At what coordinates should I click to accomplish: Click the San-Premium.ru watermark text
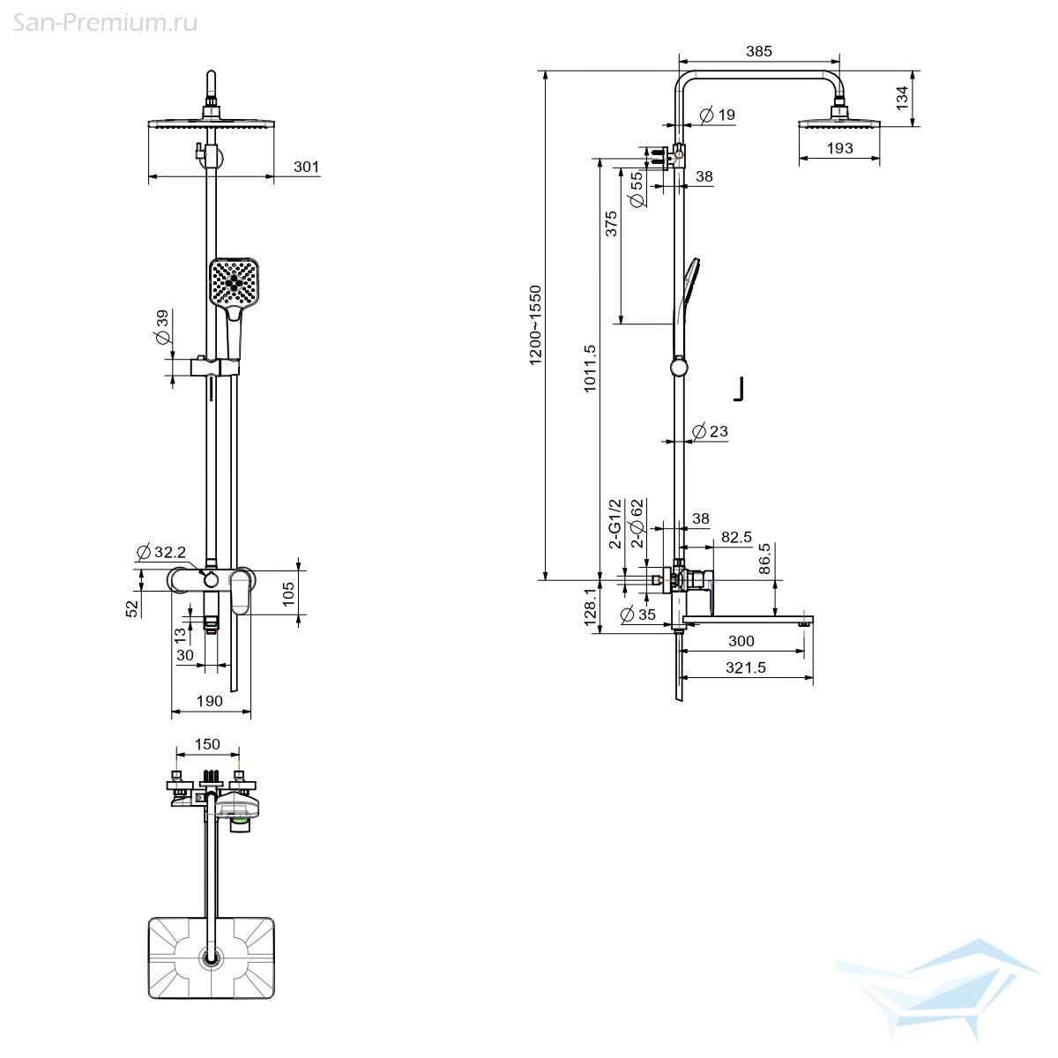click(x=105, y=22)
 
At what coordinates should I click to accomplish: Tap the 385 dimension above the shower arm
click(x=758, y=51)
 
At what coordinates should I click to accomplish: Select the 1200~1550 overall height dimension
click(x=535, y=324)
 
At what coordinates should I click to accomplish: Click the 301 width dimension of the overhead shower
click(x=306, y=167)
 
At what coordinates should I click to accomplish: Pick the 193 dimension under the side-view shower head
click(x=839, y=148)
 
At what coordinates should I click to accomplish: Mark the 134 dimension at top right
click(x=902, y=97)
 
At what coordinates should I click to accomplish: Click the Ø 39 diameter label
click(x=161, y=329)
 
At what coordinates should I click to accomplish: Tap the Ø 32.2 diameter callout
click(x=161, y=553)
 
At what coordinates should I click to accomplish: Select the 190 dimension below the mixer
click(x=209, y=701)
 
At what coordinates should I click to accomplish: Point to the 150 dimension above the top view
click(x=207, y=744)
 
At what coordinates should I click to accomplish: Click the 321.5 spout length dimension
click(x=745, y=667)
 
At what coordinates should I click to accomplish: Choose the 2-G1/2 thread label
click(x=615, y=524)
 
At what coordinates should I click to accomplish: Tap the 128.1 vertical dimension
click(x=590, y=607)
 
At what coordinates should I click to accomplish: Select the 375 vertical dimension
click(x=611, y=224)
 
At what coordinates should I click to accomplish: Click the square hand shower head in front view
click(x=235, y=282)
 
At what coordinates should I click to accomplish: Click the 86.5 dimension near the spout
click(x=764, y=558)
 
